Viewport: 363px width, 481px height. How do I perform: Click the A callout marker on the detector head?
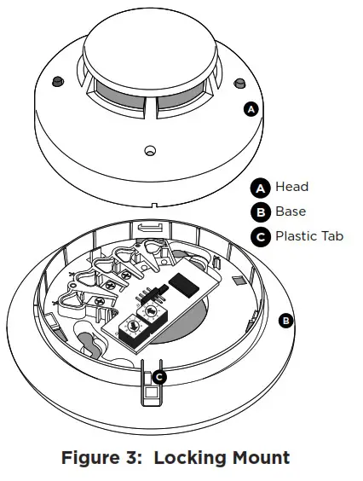coord(251,109)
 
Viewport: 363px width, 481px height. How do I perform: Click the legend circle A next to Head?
coord(260,188)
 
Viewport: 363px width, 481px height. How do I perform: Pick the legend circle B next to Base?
coord(260,212)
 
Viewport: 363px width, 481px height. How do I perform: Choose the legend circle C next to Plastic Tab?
coord(260,236)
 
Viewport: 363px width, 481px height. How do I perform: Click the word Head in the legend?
coord(291,187)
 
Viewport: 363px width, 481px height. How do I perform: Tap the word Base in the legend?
coord(291,211)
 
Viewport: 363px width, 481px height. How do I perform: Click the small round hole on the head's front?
coord(150,150)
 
